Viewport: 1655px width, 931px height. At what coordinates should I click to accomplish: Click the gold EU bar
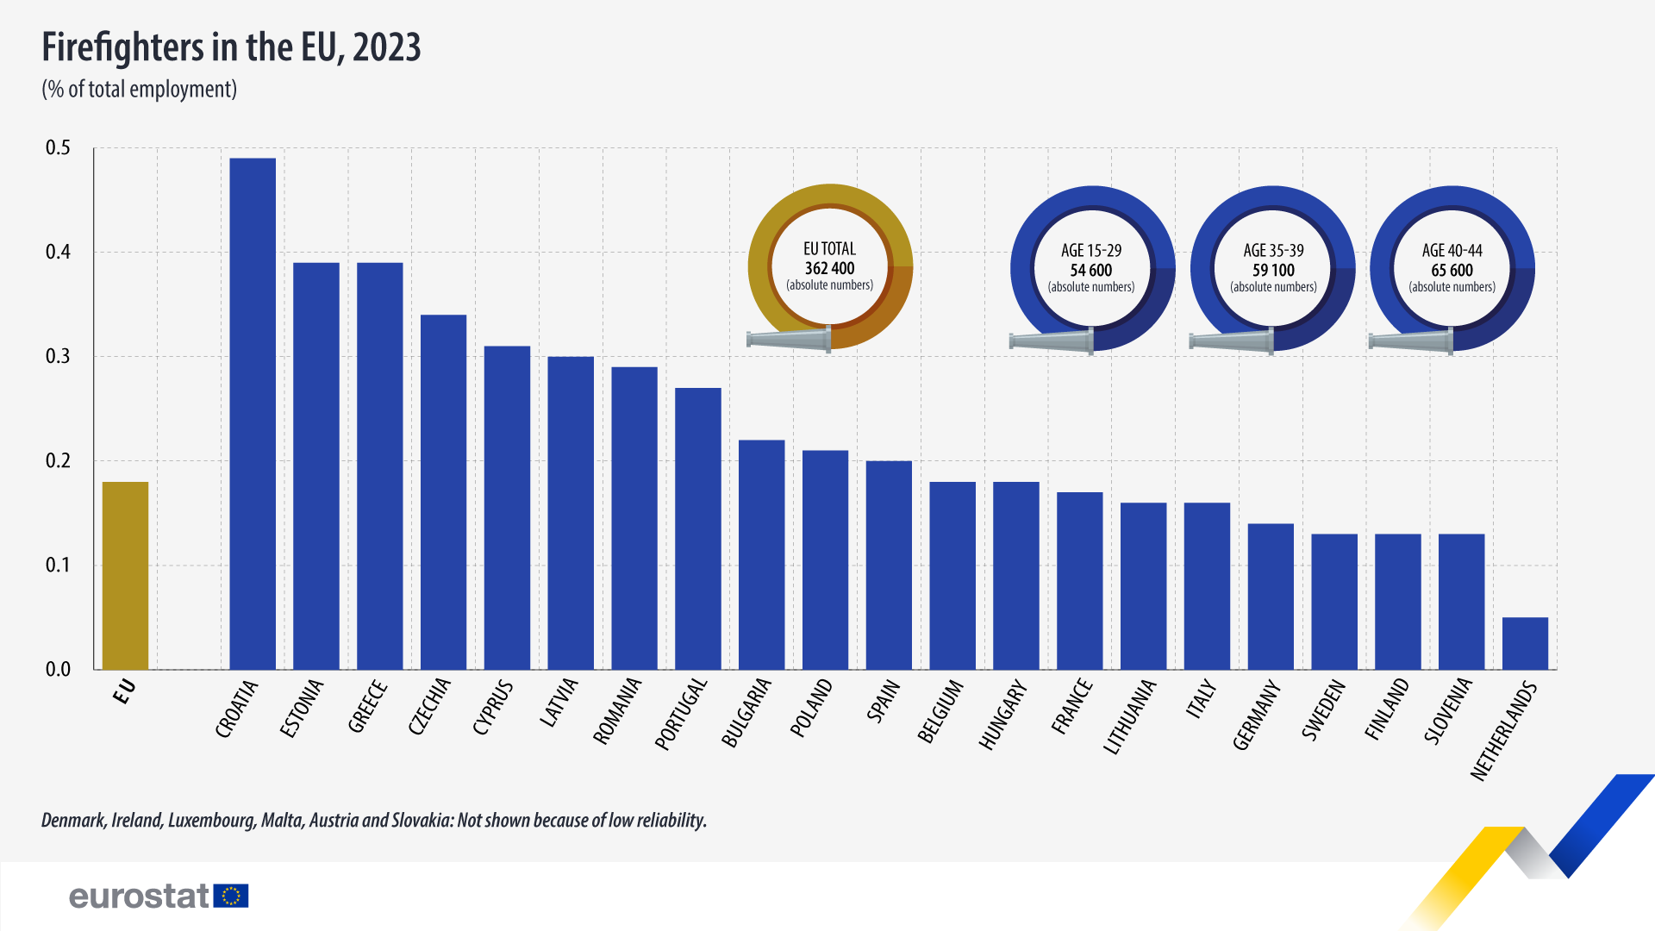point(125,575)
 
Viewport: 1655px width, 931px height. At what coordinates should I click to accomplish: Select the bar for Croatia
point(253,414)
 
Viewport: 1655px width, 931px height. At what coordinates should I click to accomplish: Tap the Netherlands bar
point(1525,643)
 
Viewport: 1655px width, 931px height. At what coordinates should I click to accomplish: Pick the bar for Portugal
point(698,528)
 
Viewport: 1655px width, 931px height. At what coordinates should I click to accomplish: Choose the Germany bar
point(1271,597)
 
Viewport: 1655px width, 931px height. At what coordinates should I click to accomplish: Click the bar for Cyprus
point(507,508)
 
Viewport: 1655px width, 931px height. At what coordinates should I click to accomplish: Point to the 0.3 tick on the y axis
point(58,357)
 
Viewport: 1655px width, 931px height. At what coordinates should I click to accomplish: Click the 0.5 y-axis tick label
point(58,148)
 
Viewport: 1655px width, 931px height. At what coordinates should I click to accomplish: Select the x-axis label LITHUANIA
point(1130,717)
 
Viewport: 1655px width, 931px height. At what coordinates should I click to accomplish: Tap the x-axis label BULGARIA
point(746,713)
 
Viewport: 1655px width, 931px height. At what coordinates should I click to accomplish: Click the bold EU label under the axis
point(125,691)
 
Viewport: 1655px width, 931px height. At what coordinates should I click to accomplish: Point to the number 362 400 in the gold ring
point(829,268)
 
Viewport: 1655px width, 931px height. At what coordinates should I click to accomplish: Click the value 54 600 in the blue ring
point(1091,270)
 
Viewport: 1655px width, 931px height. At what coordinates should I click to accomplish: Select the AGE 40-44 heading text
point(1452,251)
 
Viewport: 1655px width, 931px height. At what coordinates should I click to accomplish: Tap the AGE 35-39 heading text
point(1273,251)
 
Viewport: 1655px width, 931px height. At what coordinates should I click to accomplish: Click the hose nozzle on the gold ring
point(790,340)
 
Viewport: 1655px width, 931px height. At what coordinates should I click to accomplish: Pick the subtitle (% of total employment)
point(140,90)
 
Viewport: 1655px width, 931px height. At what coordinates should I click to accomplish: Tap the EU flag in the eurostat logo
point(231,897)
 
